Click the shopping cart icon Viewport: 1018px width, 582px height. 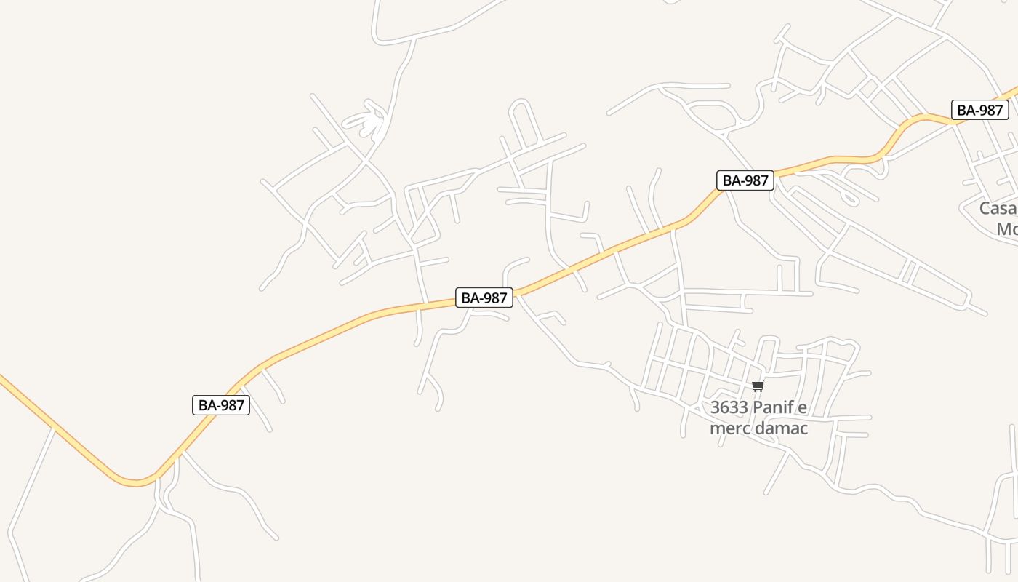click(758, 386)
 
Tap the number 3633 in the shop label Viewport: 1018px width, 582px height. click(729, 407)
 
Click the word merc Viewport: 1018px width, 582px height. click(730, 428)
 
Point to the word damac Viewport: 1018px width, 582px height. click(782, 428)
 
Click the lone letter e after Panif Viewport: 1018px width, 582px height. click(803, 407)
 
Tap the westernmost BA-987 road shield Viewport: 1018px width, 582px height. click(221, 405)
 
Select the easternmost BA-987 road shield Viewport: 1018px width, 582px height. click(980, 111)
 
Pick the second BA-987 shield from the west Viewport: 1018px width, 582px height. click(484, 298)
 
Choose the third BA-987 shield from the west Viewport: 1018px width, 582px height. click(745, 180)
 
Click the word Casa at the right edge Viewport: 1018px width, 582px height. click(998, 209)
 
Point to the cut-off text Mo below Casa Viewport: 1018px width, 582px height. click(1007, 229)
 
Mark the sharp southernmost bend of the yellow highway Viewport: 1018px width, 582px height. click(135, 482)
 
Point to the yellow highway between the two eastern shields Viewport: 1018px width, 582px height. click(858, 159)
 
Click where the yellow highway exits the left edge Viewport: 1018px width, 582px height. click(2, 378)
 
